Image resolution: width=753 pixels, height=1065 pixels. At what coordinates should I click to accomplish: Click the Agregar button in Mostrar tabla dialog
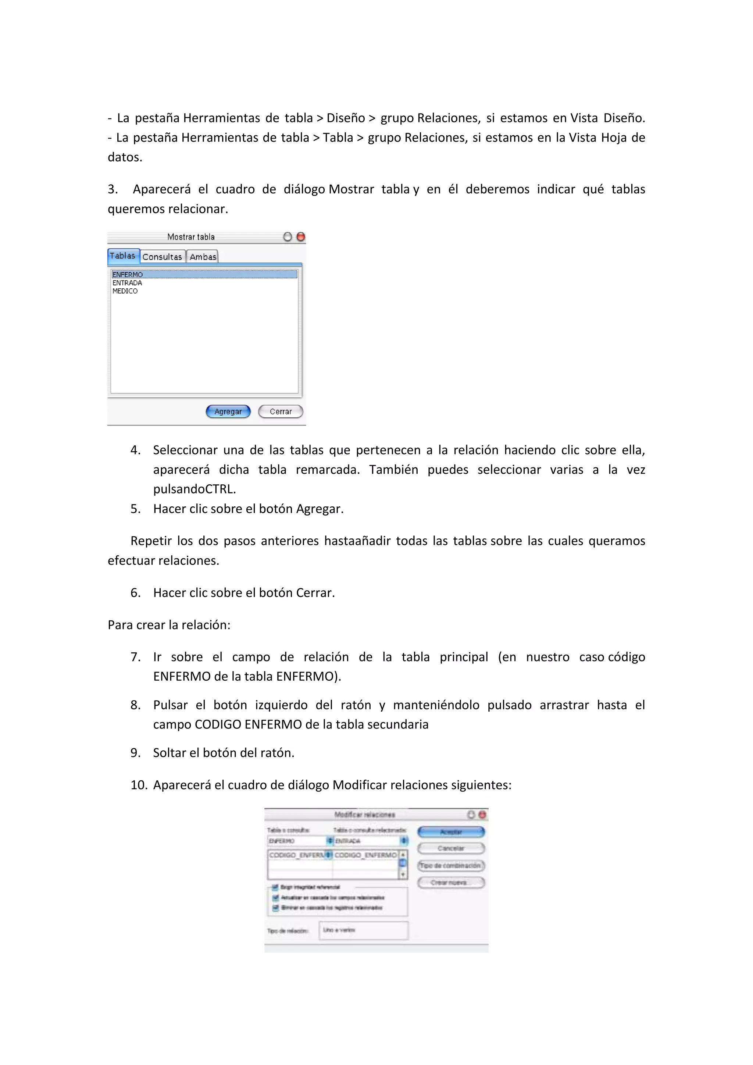[228, 412]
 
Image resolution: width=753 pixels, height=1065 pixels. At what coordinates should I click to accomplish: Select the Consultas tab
[162, 257]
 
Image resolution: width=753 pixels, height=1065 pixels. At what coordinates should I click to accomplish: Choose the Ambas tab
[203, 257]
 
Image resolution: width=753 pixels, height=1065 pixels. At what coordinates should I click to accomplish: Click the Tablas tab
[123, 256]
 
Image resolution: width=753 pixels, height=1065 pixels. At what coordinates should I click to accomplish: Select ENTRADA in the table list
[127, 283]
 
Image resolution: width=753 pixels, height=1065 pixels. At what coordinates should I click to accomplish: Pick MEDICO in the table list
[125, 291]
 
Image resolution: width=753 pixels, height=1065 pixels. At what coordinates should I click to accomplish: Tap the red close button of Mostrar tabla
[300, 237]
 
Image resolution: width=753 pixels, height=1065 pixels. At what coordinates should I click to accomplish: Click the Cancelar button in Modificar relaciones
[451, 848]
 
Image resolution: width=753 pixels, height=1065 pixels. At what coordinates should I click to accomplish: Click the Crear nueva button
[451, 882]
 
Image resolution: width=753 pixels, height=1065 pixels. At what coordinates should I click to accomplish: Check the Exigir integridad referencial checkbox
[275, 887]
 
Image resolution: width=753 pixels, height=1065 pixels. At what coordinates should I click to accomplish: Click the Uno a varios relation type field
[363, 930]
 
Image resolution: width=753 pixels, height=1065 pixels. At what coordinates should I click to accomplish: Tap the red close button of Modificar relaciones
[482, 815]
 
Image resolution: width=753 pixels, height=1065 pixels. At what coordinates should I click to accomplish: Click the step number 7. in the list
[135, 657]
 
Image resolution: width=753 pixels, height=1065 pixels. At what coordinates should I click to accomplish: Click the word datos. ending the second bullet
[125, 157]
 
